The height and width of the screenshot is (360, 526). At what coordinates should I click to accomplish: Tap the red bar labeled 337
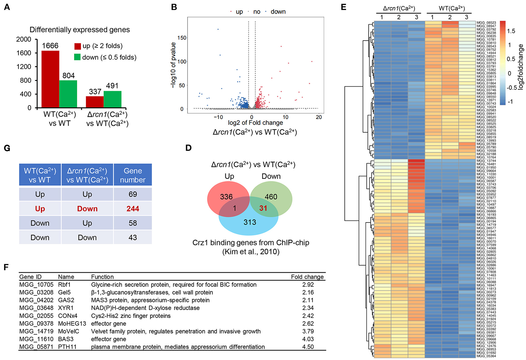pos(95,102)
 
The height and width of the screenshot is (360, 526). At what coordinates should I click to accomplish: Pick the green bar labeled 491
pos(113,99)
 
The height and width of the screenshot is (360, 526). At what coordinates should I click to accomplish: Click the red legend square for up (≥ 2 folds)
pos(77,46)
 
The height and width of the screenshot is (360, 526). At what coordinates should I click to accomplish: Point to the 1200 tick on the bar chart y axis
pos(24,67)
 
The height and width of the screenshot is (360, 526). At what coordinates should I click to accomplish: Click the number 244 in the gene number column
pos(133,209)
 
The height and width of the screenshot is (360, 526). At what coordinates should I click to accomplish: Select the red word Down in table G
pos(87,209)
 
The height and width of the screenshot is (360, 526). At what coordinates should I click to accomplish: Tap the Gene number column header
pos(133,175)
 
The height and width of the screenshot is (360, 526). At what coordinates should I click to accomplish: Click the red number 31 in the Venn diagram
pos(263,208)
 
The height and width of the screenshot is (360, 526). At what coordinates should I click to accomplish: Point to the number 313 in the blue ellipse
pos(250,222)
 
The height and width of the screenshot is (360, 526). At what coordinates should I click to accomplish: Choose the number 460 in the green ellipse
pos(271,197)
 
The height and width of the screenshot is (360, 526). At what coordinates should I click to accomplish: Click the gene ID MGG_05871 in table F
pos(36,347)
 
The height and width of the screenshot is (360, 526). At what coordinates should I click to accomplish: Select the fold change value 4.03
pos(308,339)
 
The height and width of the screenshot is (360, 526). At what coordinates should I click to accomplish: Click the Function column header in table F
pos(102,277)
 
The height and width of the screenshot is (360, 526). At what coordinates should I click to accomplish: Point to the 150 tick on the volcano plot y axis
pos(182,38)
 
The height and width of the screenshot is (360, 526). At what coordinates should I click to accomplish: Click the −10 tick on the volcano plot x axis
pos(218,117)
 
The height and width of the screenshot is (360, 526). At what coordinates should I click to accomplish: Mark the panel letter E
pos(343,7)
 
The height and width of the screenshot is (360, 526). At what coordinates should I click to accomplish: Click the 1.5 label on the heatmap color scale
pos(511,31)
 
